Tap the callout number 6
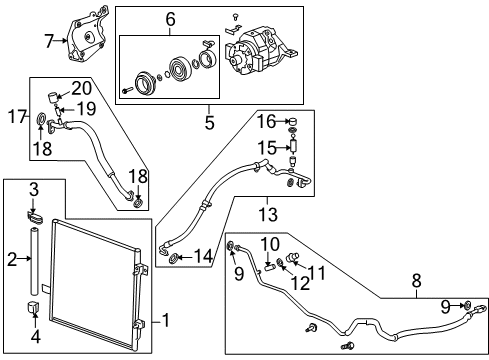click(x=170, y=19)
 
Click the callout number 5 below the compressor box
click(x=209, y=125)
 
